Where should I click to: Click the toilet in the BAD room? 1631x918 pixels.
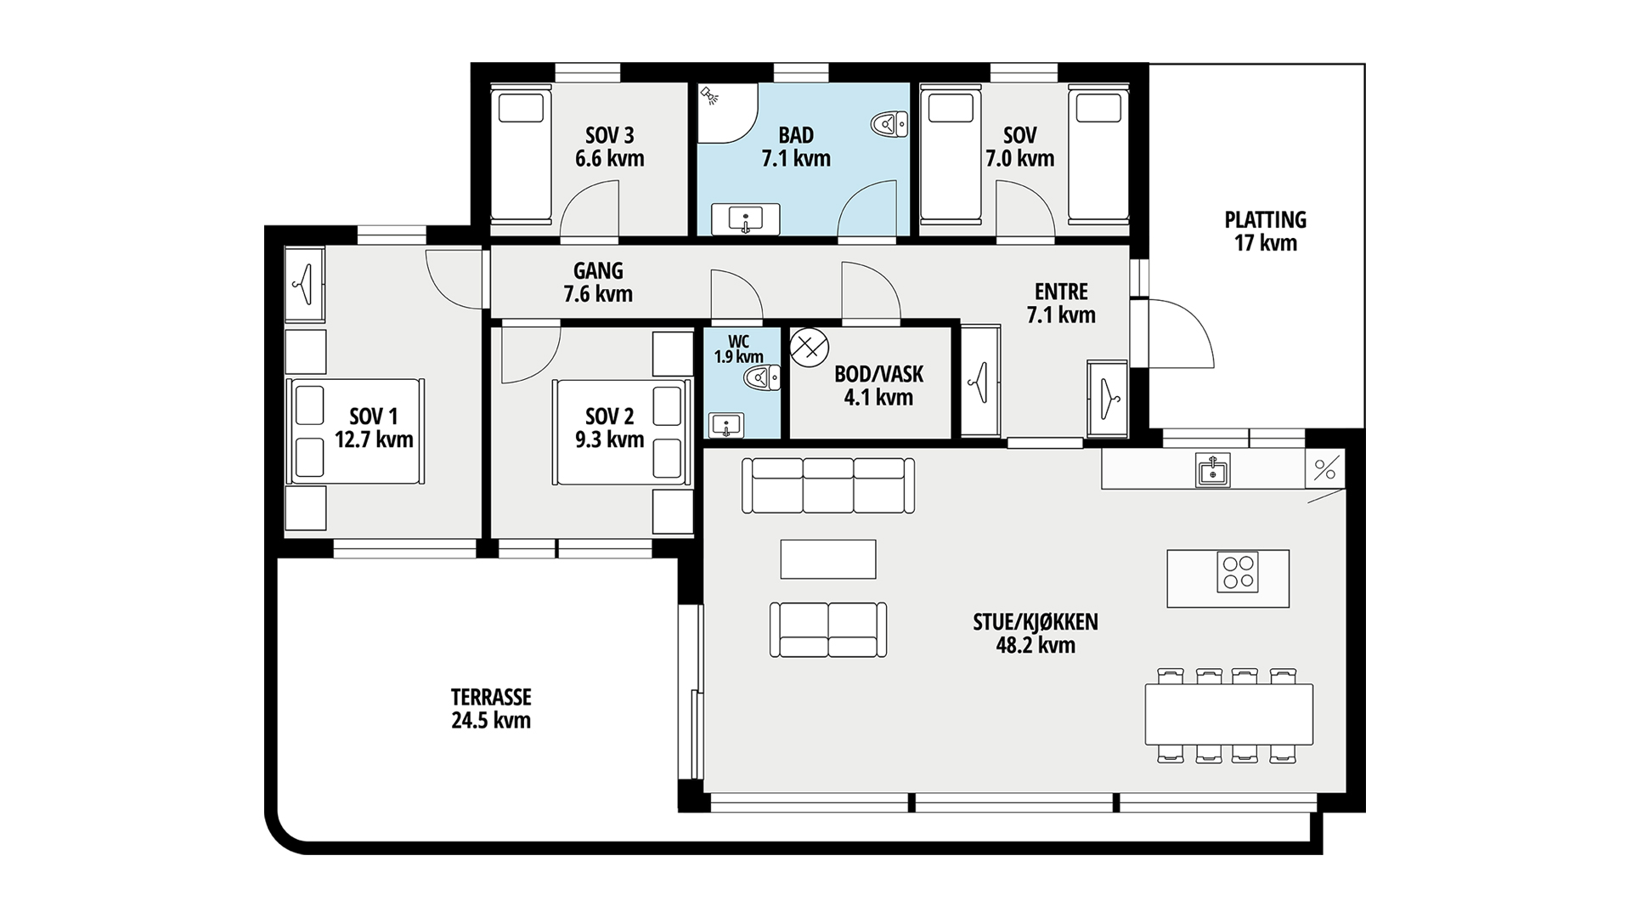tap(889, 126)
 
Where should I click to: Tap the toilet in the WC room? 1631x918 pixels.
tap(762, 377)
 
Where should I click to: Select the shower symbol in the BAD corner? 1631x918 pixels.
tap(708, 95)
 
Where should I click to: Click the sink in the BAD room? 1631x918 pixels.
tap(746, 219)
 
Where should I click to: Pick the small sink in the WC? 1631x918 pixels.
tap(725, 425)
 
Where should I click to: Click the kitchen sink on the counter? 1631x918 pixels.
tap(1213, 468)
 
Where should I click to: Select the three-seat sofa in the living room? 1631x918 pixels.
tap(828, 485)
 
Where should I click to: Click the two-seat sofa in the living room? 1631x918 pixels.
tap(828, 630)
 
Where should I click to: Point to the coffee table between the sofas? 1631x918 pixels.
tap(828, 559)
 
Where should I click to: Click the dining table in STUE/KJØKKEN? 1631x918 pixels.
tap(1229, 714)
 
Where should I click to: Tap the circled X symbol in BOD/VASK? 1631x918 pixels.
tap(809, 348)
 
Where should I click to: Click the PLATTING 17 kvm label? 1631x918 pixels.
tap(1266, 231)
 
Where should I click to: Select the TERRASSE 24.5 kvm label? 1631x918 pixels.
tap(491, 709)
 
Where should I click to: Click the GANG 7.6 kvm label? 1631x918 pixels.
tap(598, 282)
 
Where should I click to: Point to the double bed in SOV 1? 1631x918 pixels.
tap(355, 432)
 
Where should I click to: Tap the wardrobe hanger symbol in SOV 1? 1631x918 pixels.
tap(304, 284)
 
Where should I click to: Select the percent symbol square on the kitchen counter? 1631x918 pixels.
tap(1325, 468)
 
